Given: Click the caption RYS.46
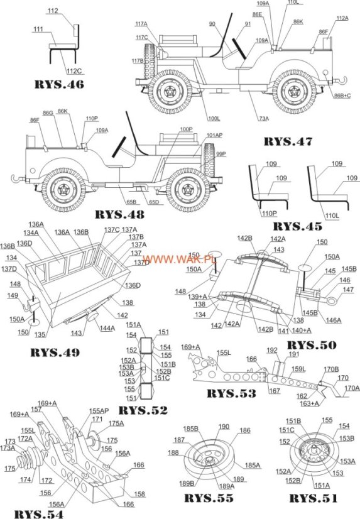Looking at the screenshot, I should pos(60,83).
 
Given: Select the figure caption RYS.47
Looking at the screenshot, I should pos(287,141).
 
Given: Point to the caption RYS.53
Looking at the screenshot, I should pos(232,393).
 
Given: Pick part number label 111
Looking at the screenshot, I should pos(38,30).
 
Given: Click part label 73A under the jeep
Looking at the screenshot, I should pos(262,118).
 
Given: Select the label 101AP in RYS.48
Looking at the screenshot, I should pos(214,135).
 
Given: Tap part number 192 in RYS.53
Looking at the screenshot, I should pos(272,350).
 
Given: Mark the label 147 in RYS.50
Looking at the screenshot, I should pos(347,290).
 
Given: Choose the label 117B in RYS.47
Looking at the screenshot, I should pos(138,61).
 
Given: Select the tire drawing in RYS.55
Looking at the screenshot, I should pos(208,462).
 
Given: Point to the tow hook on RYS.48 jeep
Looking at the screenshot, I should pos(14,179).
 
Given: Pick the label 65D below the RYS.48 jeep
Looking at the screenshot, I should pos(153,202).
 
